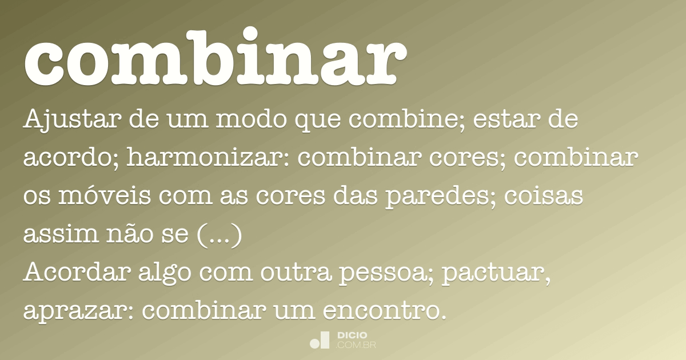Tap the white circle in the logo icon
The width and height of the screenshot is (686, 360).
(x=315, y=343)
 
